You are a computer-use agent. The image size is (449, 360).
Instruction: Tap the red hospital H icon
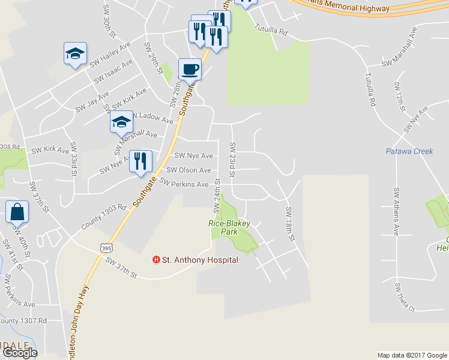[157, 260]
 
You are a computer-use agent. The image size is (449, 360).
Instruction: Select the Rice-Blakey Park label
[229, 227]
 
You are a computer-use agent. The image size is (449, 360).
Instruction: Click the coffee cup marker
[190, 69]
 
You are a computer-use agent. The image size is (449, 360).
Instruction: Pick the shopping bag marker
[18, 211]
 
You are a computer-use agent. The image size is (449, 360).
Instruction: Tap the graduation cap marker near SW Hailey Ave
[75, 53]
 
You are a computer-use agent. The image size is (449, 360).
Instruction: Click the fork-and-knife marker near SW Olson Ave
[141, 161]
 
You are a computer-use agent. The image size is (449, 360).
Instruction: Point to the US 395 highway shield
[106, 247]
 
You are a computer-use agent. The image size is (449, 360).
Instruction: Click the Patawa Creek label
[409, 151]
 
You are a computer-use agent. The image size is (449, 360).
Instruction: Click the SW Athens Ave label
[396, 211]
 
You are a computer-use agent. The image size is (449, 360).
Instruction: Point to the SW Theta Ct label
[405, 297]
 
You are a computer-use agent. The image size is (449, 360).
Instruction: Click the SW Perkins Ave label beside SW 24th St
[185, 184]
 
